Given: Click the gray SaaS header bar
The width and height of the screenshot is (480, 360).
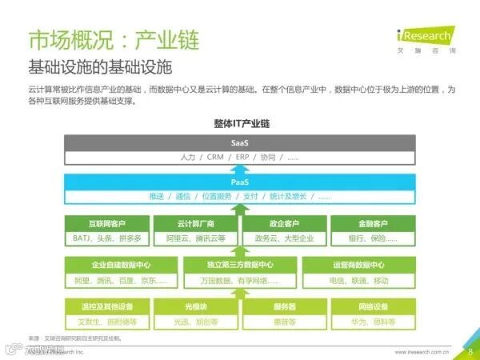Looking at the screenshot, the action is click(x=239, y=142).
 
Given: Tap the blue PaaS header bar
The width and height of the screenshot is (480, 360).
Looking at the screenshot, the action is click(x=239, y=182).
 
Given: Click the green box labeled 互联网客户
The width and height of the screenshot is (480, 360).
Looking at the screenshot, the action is click(x=106, y=223).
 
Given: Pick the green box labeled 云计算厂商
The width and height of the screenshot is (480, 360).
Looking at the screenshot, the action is click(x=195, y=223).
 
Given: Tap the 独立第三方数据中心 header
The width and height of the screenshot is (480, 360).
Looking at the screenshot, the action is click(x=239, y=265).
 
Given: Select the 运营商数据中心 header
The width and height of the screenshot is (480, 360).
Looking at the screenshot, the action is click(x=358, y=265).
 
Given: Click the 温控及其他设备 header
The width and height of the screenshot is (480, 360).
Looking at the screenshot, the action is click(x=106, y=306).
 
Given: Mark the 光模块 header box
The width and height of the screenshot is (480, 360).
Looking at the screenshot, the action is click(x=195, y=306).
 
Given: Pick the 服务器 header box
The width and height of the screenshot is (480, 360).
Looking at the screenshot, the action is click(x=284, y=306).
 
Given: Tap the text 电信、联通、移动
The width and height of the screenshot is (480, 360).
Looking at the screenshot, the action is click(x=358, y=280).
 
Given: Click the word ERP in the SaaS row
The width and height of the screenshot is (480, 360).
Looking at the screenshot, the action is click(x=242, y=157).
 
